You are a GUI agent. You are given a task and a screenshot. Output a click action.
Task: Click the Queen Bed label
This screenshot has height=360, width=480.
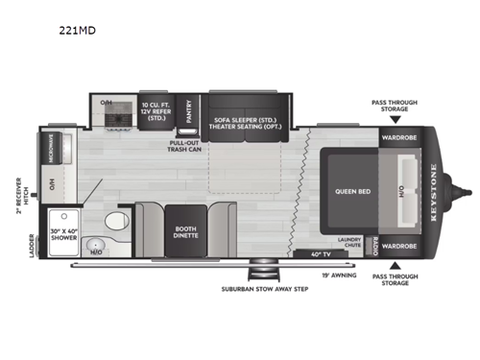[x=347, y=191]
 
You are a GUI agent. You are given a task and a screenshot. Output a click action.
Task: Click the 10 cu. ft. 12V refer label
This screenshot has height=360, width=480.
[x=158, y=111]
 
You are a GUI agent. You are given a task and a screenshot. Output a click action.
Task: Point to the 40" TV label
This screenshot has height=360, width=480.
[x=322, y=253]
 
